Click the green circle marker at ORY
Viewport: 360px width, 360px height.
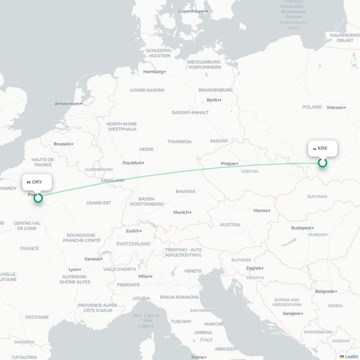click(38, 198)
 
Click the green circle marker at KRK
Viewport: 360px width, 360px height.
click(322, 163)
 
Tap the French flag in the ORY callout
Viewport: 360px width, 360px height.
click(29, 182)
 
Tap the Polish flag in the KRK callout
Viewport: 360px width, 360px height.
click(314, 148)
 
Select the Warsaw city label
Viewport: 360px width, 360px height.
click(335, 108)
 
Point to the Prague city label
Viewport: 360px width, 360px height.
click(228, 164)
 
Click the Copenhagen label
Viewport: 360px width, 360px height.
click(192, 11)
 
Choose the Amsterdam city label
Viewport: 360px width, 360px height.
click(67, 104)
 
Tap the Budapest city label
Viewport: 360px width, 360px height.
click(301, 228)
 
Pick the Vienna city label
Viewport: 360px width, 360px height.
click(260, 211)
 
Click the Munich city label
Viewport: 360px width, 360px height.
click(181, 212)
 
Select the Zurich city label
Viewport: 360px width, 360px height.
click(133, 231)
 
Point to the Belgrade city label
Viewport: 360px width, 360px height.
click(325, 292)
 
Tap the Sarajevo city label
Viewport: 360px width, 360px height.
click(292, 313)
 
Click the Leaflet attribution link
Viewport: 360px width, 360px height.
click(351, 356)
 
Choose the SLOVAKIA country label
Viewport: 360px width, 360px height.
click(317, 197)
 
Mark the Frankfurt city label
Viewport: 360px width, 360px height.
click(133, 163)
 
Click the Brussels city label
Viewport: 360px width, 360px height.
click(62, 144)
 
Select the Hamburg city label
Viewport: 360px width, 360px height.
click(153, 72)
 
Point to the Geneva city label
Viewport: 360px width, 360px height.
click(92, 259)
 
